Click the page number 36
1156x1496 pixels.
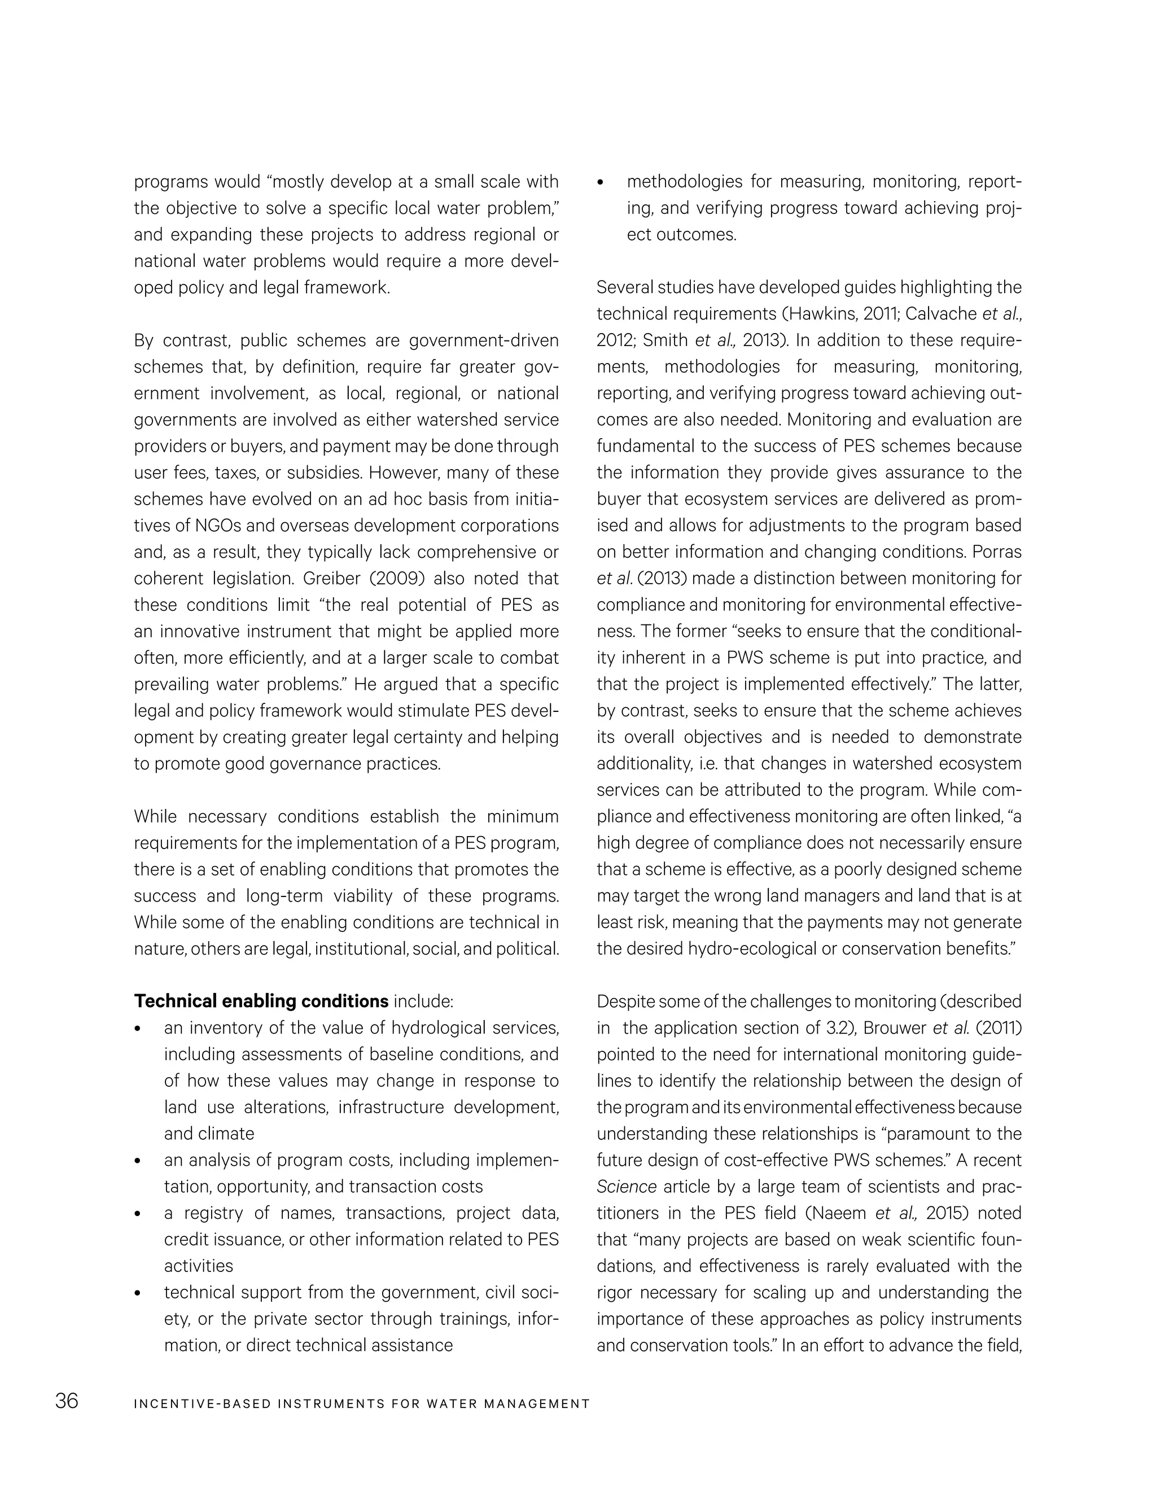(x=67, y=1402)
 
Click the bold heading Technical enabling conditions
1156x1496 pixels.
(x=261, y=1001)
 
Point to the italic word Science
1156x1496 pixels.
(x=626, y=1187)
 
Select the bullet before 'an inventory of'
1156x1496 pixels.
(x=138, y=1029)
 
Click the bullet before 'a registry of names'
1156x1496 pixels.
(x=138, y=1214)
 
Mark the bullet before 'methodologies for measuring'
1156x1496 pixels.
(x=601, y=182)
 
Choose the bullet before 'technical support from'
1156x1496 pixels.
(x=138, y=1293)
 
